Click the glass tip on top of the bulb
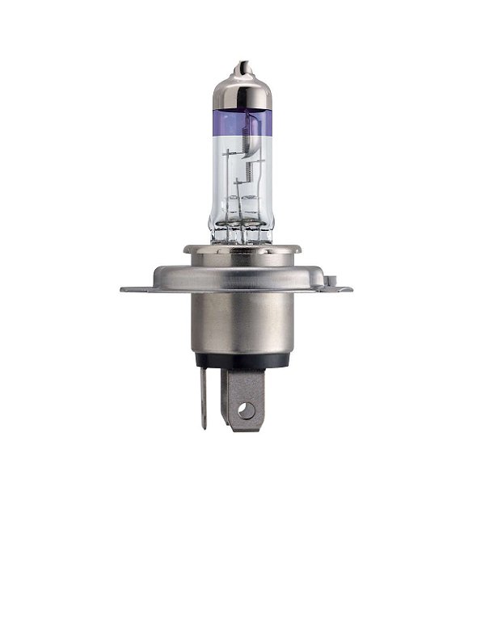tap(239, 67)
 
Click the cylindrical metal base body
tap(239, 323)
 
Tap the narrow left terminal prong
tap(204, 400)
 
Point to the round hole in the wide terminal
tap(247, 409)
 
